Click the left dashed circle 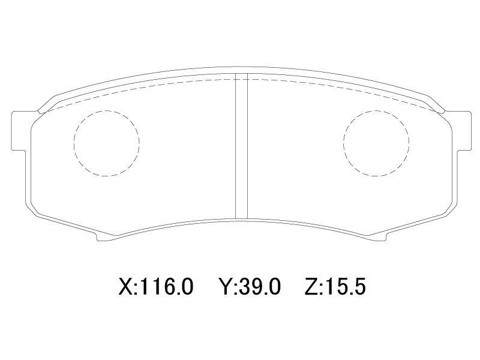click(x=74, y=143)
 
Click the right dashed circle click(x=343, y=143)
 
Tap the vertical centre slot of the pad click(x=241, y=146)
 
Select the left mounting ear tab click(x=19, y=131)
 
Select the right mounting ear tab click(x=461, y=131)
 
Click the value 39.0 click(x=259, y=287)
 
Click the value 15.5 click(x=346, y=287)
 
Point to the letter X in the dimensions click(x=126, y=287)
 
